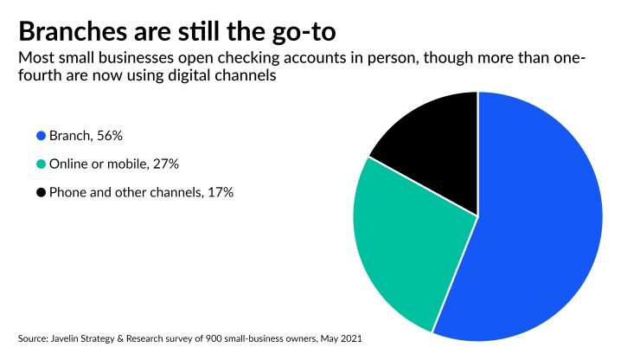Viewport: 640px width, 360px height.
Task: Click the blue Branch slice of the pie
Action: pyautogui.click(x=536, y=234)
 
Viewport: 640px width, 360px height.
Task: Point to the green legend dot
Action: pyautogui.click(x=41, y=164)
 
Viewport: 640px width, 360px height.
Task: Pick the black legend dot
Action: pyautogui.click(x=41, y=192)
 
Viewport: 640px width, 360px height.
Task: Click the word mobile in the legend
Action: pyautogui.click(x=127, y=164)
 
